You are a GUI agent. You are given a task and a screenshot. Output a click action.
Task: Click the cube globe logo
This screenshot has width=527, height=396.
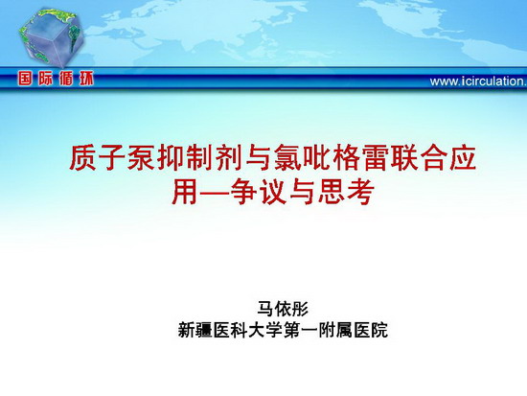(x=51, y=37)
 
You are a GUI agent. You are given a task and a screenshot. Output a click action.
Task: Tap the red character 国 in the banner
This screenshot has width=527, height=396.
(x=26, y=79)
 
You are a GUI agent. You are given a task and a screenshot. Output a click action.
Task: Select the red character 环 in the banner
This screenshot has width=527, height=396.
(x=86, y=79)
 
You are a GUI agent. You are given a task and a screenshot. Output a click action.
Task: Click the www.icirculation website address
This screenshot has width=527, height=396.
(x=478, y=82)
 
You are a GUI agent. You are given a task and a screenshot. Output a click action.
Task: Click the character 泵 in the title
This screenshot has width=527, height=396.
(x=142, y=157)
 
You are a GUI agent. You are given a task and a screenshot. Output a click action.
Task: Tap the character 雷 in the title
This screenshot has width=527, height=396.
(x=377, y=157)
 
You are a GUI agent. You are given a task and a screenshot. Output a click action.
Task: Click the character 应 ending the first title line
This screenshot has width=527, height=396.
(x=464, y=157)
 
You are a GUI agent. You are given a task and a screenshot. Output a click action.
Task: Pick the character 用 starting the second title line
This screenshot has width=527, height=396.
(x=185, y=192)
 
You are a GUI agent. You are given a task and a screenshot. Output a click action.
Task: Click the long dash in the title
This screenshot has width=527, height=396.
(x=214, y=193)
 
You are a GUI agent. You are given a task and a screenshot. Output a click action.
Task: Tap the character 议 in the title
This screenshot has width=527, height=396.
(x=272, y=192)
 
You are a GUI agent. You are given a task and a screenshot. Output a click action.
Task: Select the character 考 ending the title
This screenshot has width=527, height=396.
(x=361, y=192)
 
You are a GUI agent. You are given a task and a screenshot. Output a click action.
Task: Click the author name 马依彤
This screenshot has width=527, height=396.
(x=283, y=308)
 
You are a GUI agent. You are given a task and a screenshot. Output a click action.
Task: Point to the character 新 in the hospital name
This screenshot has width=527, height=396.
(x=187, y=330)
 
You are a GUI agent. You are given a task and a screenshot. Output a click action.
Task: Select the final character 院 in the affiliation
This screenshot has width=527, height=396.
(x=378, y=330)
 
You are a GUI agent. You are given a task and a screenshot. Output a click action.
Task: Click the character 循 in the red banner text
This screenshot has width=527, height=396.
(x=66, y=79)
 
